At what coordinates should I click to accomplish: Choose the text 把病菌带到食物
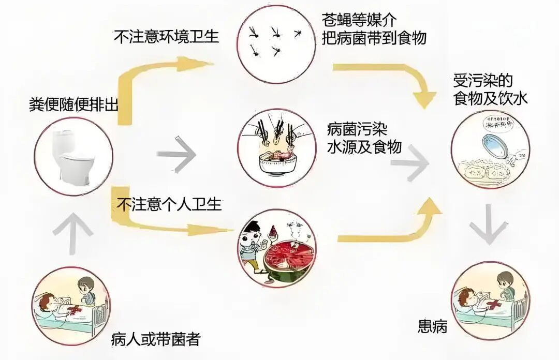coord(374,38)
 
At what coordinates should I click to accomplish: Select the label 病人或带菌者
coord(156,340)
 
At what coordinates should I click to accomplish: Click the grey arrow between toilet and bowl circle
coord(176,154)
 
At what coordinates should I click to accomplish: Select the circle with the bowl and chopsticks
coord(277,147)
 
